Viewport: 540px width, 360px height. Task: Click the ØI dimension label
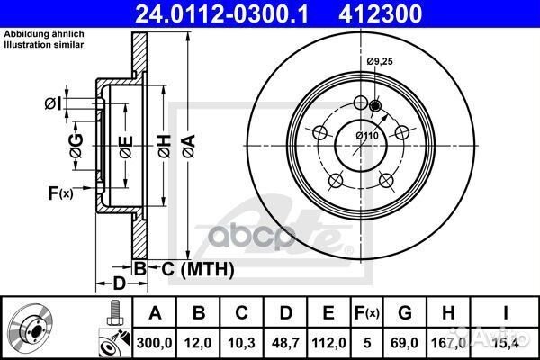[x=53, y=103]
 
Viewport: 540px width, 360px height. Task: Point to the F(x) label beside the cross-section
[x=61, y=191]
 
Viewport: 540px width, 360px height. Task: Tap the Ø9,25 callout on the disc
[x=382, y=60]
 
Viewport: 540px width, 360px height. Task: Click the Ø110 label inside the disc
[x=365, y=135]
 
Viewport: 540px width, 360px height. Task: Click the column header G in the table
[x=406, y=313]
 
